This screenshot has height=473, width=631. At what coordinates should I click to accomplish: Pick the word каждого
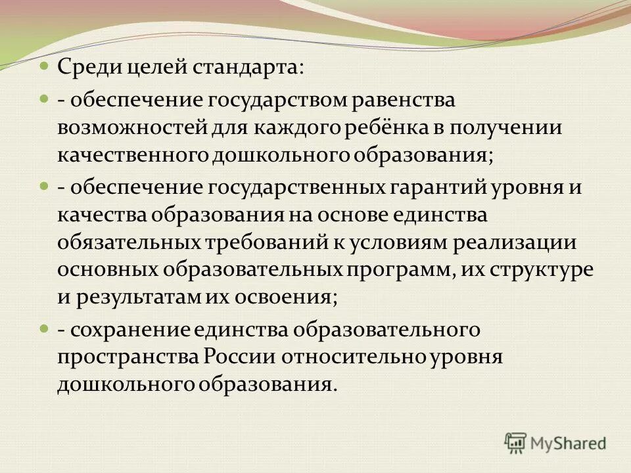click(x=283, y=128)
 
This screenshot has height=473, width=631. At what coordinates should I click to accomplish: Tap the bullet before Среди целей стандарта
click(x=44, y=66)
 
